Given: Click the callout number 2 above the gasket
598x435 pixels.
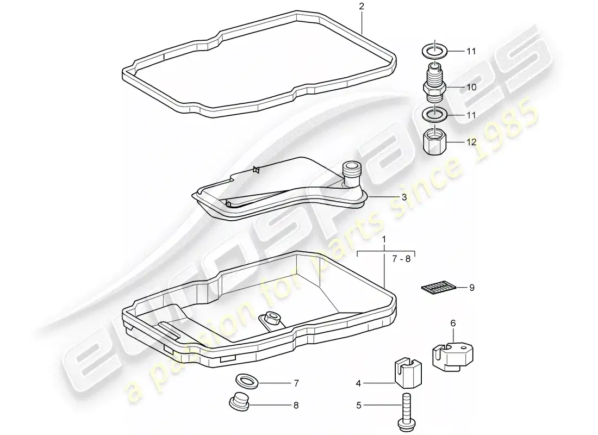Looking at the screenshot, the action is pyautogui.click(x=361, y=6).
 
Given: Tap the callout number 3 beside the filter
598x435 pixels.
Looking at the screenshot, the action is pyautogui.click(x=404, y=197).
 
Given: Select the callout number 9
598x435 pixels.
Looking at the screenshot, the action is pyautogui.click(x=472, y=287).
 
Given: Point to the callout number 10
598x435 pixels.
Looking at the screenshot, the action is pyautogui.click(x=471, y=87).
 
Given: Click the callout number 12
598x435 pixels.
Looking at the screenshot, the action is pyautogui.click(x=471, y=142).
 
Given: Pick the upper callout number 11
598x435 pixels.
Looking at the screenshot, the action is pyautogui.click(x=471, y=51).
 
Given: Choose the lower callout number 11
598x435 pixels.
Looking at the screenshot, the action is pyautogui.click(x=471, y=115).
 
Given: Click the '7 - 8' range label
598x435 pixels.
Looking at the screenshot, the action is pyautogui.click(x=401, y=259).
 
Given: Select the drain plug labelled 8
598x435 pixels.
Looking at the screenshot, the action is pyautogui.click(x=239, y=401).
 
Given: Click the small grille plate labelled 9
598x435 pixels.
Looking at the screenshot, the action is pyautogui.click(x=439, y=287).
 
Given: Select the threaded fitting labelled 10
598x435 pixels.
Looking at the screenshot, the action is pyautogui.click(x=434, y=83).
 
